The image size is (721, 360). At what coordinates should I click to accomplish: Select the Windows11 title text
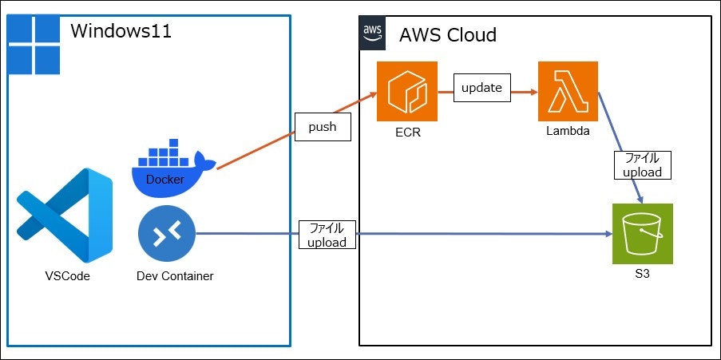(121, 32)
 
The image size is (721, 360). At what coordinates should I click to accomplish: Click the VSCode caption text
(67, 276)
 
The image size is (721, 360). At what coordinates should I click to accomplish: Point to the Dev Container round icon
(167, 234)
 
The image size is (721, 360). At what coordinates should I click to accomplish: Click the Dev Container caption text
(175, 276)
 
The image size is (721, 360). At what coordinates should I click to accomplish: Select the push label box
(323, 127)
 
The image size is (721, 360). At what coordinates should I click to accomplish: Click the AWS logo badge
(372, 33)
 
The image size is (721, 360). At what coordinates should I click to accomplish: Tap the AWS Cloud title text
(448, 35)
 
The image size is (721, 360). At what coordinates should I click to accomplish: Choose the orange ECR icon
(407, 91)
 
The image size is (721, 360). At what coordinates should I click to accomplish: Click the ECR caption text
(407, 133)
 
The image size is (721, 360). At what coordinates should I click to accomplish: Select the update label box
(481, 88)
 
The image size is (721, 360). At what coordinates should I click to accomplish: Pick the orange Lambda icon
(568, 91)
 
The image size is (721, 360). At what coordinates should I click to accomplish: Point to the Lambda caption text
(568, 131)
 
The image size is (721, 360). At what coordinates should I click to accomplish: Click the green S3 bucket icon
(642, 234)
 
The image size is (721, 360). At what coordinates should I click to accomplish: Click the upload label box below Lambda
(642, 164)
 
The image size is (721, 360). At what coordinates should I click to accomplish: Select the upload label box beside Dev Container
(327, 235)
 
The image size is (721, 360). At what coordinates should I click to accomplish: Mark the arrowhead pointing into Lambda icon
(533, 91)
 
